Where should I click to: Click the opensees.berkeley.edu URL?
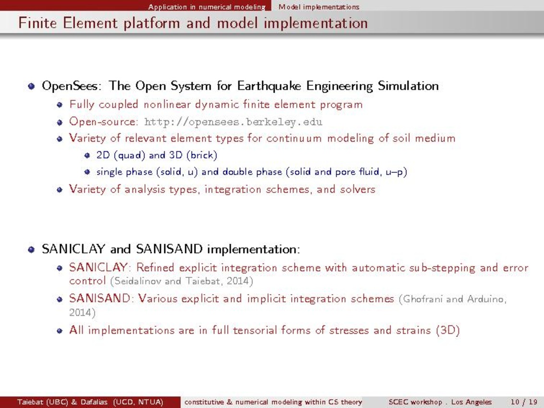point(233,122)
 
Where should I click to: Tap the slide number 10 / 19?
point(524,402)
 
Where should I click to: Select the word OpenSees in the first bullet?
point(71,86)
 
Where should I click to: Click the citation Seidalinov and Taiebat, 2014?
point(181,281)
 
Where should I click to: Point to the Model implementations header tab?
point(319,7)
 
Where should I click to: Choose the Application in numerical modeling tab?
point(207,7)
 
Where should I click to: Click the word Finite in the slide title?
point(37,23)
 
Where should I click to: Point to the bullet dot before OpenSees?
point(32,86)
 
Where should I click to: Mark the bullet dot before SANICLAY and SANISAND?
point(32,250)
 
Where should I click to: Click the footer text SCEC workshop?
point(415,402)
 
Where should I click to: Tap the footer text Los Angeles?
point(471,402)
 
